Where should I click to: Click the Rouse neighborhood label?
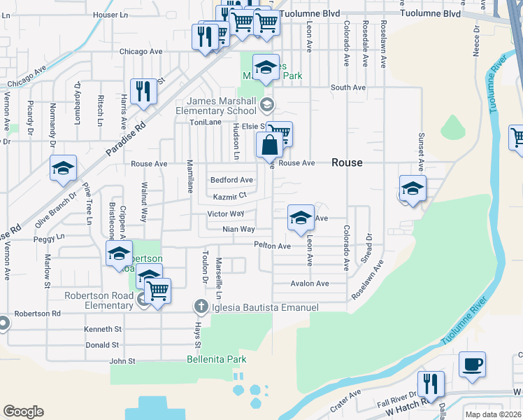click(x=347, y=162)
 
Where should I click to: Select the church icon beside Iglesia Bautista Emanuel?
click(x=201, y=307)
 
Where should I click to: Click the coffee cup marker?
click(x=472, y=365)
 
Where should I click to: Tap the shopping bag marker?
click(x=270, y=146)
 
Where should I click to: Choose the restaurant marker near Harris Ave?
click(x=143, y=92)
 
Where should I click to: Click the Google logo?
click(x=24, y=412)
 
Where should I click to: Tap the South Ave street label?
click(x=348, y=87)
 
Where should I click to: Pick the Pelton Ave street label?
click(x=272, y=246)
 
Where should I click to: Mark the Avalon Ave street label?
click(x=310, y=283)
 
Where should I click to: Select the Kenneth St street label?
click(x=103, y=329)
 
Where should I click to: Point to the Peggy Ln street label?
click(x=49, y=239)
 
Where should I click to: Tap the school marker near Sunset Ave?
click(x=413, y=189)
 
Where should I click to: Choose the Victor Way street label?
click(x=225, y=213)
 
